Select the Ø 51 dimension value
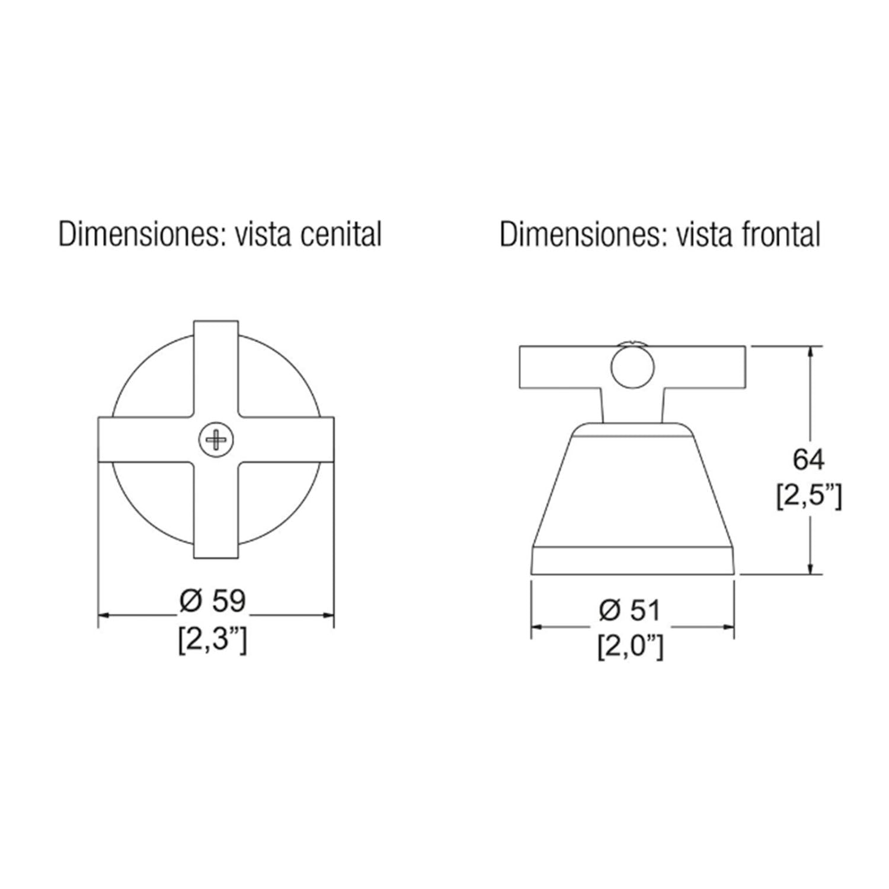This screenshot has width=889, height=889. (629, 610)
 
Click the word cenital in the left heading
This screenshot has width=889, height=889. (341, 235)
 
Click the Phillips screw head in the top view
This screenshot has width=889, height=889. (216, 440)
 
